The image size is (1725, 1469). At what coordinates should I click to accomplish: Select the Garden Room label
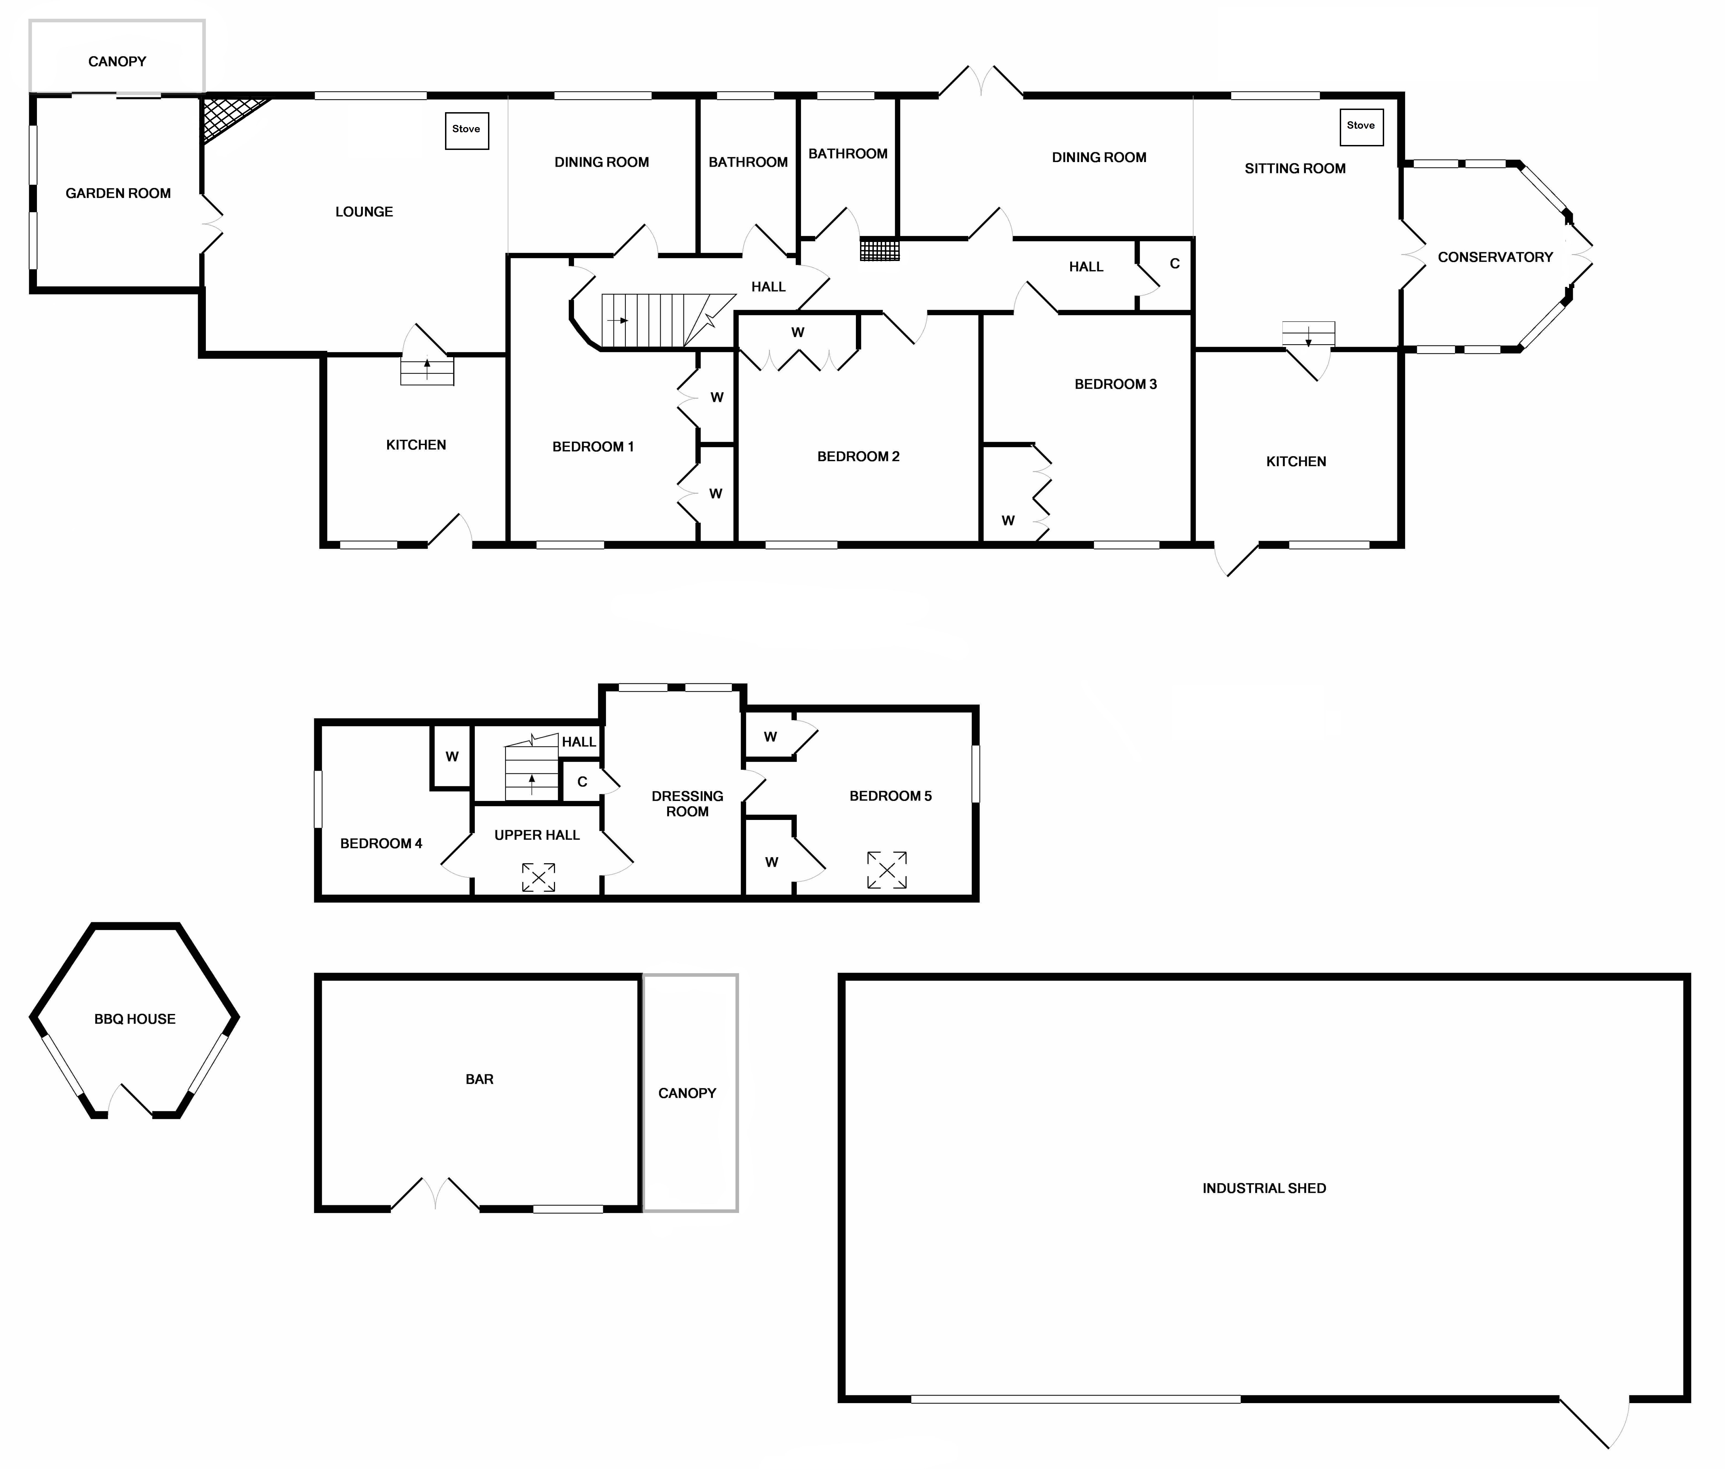coord(118,193)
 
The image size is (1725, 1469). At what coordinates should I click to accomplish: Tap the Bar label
coord(479,1079)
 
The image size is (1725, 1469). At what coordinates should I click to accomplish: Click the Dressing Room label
coord(688,804)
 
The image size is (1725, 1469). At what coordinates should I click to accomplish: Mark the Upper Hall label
coord(537,835)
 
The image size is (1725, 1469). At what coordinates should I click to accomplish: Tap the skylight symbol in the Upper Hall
coord(539,877)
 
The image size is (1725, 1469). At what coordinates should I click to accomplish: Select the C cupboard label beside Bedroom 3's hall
coord(1175,264)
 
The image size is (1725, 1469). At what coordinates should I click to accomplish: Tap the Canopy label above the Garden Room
coord(117,62)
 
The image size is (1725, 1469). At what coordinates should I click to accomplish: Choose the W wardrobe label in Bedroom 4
coord(452,757)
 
